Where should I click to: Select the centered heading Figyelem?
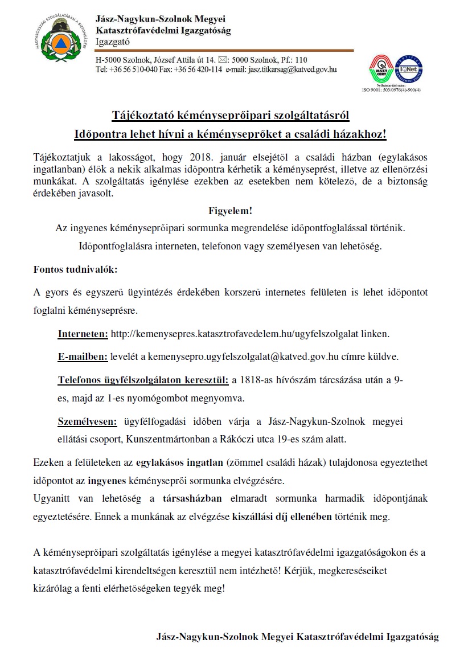tap(230, 211)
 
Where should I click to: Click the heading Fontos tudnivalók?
tap(76, 269)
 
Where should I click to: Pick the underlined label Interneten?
tap(83, 334)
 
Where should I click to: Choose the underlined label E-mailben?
tap(83, 357)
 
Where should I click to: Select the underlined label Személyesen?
tap(87, 422)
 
